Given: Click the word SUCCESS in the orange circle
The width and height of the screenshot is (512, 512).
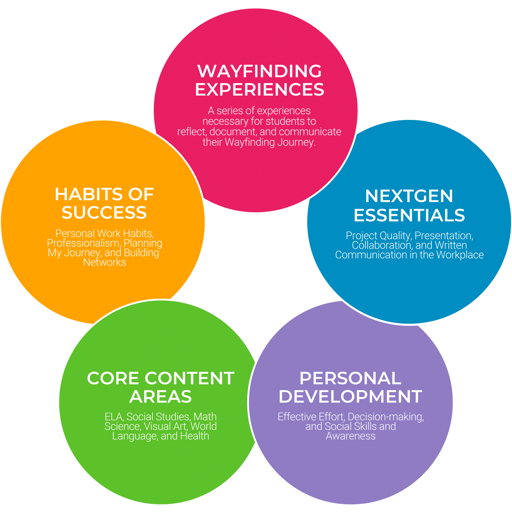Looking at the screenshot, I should (104, 213).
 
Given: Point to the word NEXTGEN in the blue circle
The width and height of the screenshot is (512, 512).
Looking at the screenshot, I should (409, 196).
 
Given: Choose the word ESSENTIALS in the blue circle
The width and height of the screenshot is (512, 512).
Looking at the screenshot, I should (409, 215).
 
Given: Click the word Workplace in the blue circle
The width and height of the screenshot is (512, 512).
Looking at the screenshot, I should (460, 255).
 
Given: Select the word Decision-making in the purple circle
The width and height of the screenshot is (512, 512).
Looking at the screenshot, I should (386, 417).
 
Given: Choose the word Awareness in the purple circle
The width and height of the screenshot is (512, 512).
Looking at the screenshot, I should (351, 436).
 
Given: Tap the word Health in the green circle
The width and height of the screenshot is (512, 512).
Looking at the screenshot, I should (195, 436).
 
